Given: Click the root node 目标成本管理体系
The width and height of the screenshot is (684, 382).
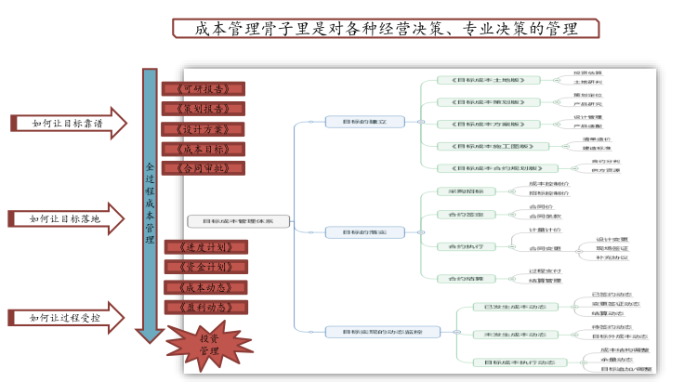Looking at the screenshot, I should click(x=238, y=221).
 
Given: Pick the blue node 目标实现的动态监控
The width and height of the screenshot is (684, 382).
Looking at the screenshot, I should click(x=381, y=331).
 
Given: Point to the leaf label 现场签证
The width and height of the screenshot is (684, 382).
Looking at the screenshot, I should click(x=612, y=249).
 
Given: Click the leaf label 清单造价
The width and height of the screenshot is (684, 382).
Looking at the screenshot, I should click(x=597, y=140).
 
